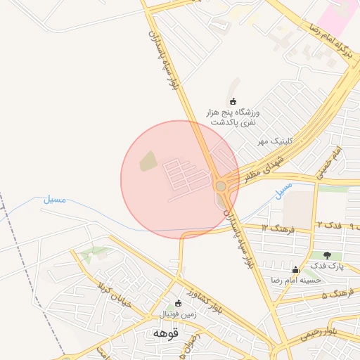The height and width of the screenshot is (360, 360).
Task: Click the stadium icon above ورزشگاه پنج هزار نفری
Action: coord(233,101)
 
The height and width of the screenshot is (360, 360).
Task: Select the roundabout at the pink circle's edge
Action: coord(221,186)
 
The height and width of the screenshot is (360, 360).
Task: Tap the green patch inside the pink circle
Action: coord(148,162)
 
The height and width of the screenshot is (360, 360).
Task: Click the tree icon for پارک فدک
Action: coord(327,255)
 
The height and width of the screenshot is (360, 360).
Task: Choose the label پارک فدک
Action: coord(327,266)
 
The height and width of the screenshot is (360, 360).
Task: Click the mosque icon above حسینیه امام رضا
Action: coord(295,269)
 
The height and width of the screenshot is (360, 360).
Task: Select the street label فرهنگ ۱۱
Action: coord(275,229)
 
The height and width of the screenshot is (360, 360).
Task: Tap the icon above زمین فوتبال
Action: coord(177,304)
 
